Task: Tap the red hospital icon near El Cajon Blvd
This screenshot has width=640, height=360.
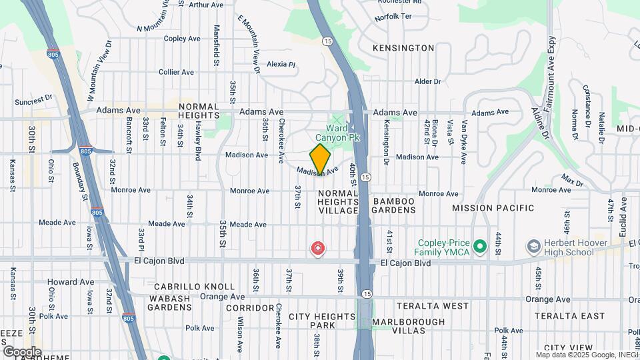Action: (319, 249)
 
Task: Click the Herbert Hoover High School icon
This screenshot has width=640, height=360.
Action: (533, 247)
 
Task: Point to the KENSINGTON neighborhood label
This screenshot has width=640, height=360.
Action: (403, 48)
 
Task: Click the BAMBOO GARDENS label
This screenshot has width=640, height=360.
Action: (394, 205)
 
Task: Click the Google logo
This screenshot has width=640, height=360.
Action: (22, 351)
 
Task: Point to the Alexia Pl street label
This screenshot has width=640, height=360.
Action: (281, 65)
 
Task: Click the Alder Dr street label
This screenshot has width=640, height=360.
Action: (428, 81)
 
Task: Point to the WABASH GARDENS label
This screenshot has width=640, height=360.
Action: (170, 303)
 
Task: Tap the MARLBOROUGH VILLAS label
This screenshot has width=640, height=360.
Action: (408, 326)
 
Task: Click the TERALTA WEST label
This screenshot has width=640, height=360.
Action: (433, 306)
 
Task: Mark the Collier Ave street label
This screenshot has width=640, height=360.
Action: (176, 72)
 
